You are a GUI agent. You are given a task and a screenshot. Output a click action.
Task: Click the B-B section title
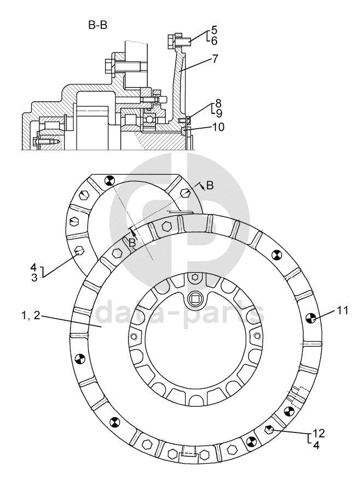point(98,25)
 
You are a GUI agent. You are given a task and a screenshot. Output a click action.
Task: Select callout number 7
point(215,59)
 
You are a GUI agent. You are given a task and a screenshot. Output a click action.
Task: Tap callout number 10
point(218,127)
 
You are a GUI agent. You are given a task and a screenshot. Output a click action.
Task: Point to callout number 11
point(342,310)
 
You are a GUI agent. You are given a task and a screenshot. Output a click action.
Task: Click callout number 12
point(318,434)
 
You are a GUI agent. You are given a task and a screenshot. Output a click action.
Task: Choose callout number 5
point(214,30)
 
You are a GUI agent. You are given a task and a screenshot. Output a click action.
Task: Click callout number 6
point(214,41)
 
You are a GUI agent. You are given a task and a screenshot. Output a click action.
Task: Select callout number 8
point(218,103)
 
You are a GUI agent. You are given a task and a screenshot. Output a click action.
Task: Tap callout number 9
point(219,113)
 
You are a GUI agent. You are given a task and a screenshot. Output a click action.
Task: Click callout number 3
point(34,278)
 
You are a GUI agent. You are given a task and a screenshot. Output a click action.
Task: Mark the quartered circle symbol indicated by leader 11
point(311,318)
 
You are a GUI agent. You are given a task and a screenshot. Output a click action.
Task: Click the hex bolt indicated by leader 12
point(269,430)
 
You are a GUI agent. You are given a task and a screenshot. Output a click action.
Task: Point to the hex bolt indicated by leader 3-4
point(79,250)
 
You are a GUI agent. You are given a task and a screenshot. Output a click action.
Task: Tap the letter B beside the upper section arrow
point(210,185)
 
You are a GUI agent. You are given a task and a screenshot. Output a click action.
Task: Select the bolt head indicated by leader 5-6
point(171,41)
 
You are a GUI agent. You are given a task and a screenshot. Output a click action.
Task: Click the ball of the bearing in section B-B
point(150,119)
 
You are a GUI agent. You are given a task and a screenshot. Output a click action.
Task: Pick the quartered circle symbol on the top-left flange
point(109,180)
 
